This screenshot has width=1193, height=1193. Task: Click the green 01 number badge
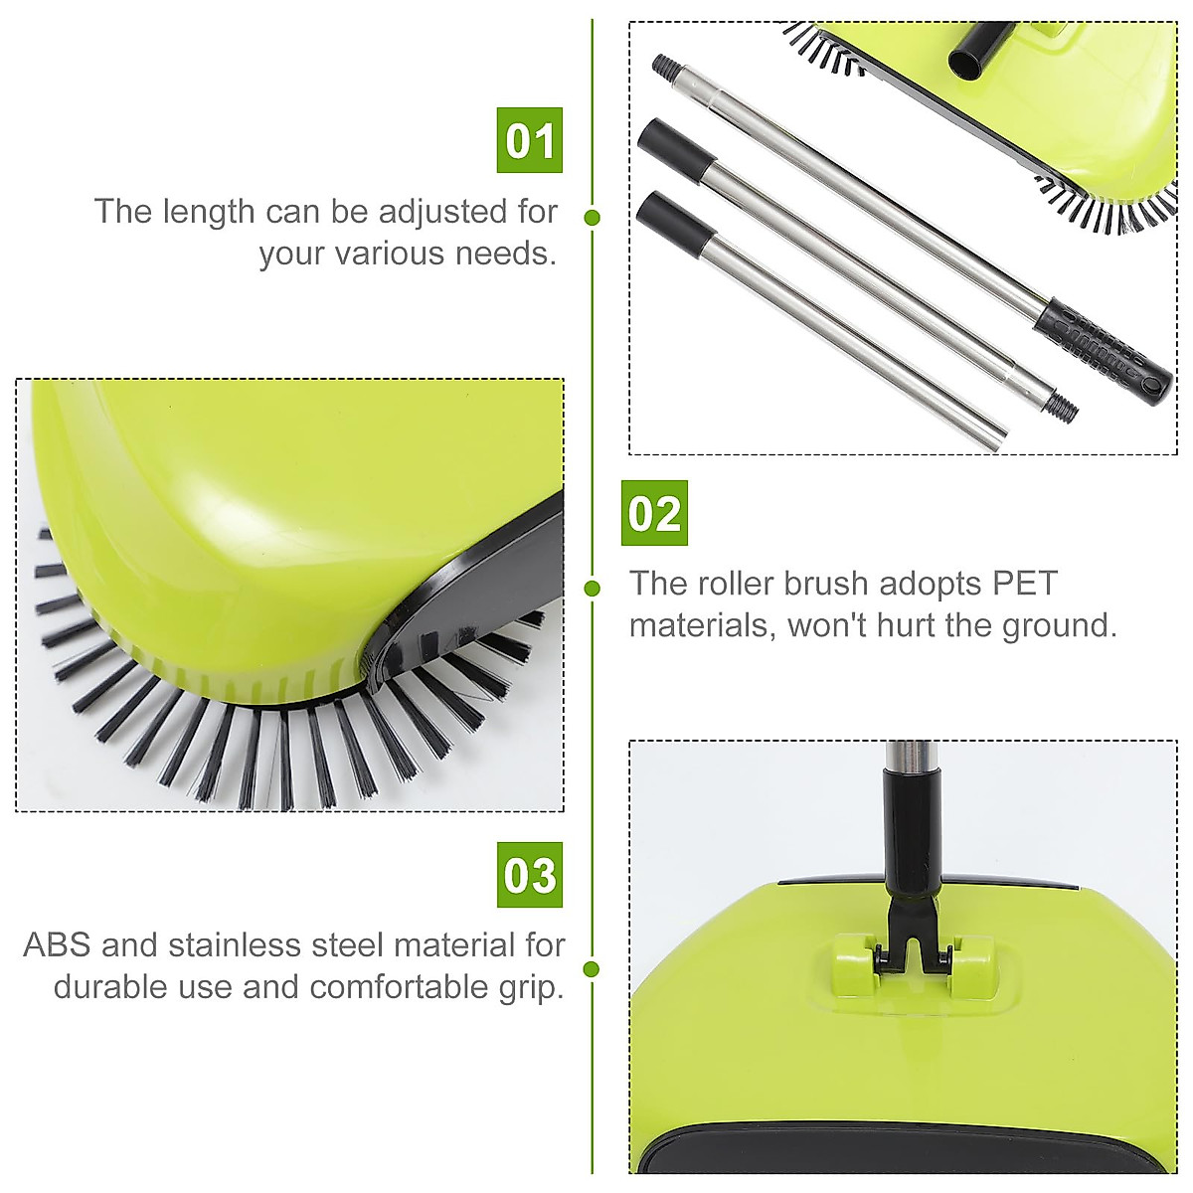(529, 140)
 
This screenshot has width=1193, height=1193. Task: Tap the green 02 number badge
(654, 513)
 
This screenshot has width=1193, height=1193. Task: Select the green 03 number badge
(529, 875)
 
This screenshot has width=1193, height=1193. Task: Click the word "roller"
(738, 584)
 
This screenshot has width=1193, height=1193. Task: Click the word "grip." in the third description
(531, 987)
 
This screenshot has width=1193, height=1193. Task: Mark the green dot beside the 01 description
(593, 217)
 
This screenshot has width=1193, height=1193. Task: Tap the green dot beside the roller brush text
(593, 588)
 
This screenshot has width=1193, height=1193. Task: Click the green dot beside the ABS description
(593, 968)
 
